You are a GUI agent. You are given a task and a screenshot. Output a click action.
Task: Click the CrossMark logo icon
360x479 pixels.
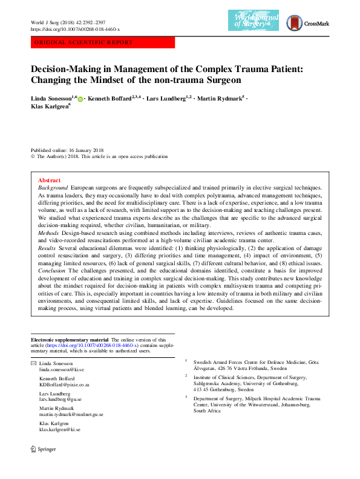pos(294,22)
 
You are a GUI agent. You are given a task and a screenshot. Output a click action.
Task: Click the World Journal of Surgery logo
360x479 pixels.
pos(253,22)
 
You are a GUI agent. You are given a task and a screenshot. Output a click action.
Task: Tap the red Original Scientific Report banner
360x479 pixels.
pos(102,43)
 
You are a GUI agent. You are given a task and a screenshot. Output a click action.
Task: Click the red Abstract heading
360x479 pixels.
pos(49,180)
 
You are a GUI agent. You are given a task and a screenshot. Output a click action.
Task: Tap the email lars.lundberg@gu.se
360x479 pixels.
pos(60,399)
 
